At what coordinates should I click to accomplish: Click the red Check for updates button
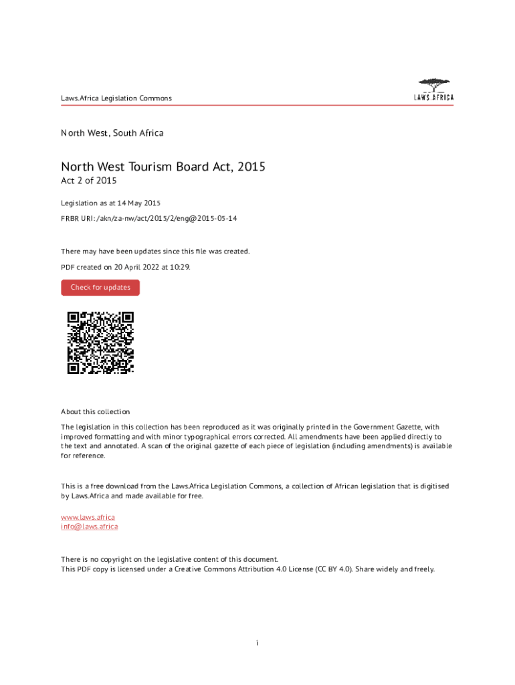pyautogui.click(x=100, y=288)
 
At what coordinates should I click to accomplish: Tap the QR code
pyautogui.click(x=100, y=342)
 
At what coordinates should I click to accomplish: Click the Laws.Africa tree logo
pyautogui.click(x=434, y=90)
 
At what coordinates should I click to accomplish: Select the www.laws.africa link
pyautogui.click(x=88, y=517)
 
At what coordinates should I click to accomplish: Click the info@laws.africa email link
pyautogui.click(x=90, y=526)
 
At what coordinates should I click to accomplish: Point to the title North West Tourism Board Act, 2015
pyautogui.click(x=163, y=167)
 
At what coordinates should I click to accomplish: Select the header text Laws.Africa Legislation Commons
pyautogui.click(x=116, y=98)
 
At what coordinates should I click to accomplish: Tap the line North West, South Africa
pyautogui.click(x=112, y=133)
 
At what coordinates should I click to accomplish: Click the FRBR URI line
pyautogui.click(x=149, y=219)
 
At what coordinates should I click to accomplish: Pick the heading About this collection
pyautogui.click(x=96, y=411)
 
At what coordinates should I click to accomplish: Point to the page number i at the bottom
pyautogui.click(x=257, y=643)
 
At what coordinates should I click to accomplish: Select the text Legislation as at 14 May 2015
pyautogui.click(x=111, y=203)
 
